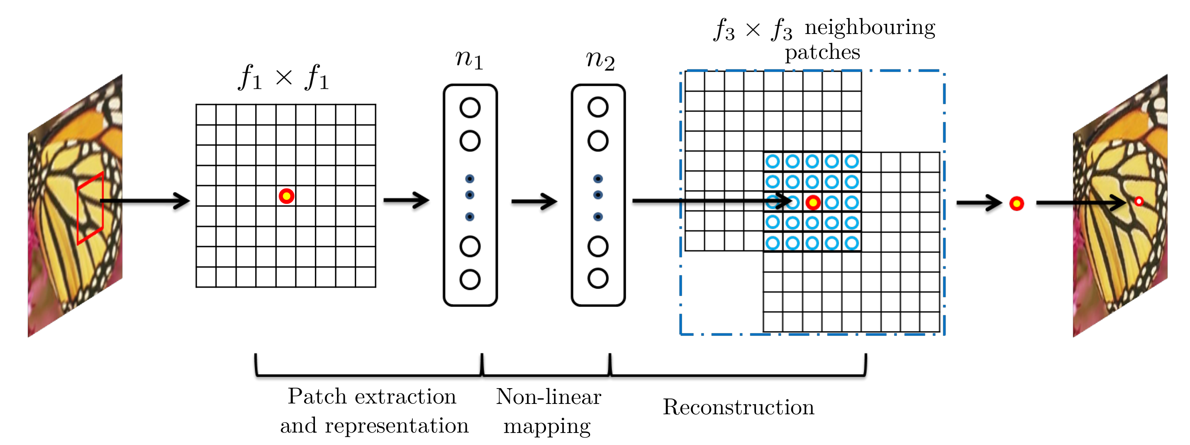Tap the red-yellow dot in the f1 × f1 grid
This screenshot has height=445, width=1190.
[286, 196]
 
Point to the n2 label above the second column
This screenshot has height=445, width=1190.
[600, 60]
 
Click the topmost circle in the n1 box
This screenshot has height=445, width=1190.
[470, 107]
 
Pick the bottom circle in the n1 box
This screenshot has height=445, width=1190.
[470, 279]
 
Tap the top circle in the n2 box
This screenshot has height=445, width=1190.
[598, 107]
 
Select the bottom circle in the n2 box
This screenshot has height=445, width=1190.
[598, 278]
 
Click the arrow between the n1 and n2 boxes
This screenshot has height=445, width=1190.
[534, 201]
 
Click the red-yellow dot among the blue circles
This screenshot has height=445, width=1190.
[812, 202]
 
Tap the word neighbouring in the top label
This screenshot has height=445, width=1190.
[870, 28]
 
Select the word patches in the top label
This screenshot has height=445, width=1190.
[822, 52]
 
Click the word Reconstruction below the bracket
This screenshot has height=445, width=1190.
[738, 407]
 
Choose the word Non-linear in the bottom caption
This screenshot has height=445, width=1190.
[549, 396]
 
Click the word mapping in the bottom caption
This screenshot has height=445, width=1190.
[547, 426]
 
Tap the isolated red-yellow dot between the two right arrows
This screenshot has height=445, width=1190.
[1017, 203]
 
